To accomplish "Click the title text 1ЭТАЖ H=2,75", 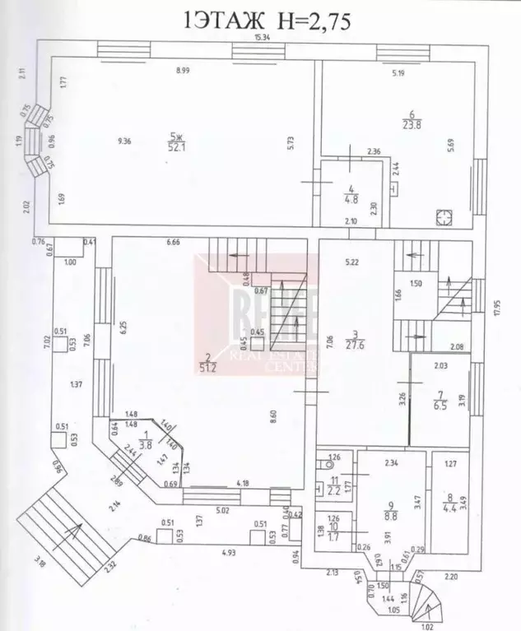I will pyautogui.click(x=268, y=20).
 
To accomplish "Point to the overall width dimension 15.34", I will pyautogui.click(x=263, y=38).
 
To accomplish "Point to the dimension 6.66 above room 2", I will pyautogui.click(x=172, y=242).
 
